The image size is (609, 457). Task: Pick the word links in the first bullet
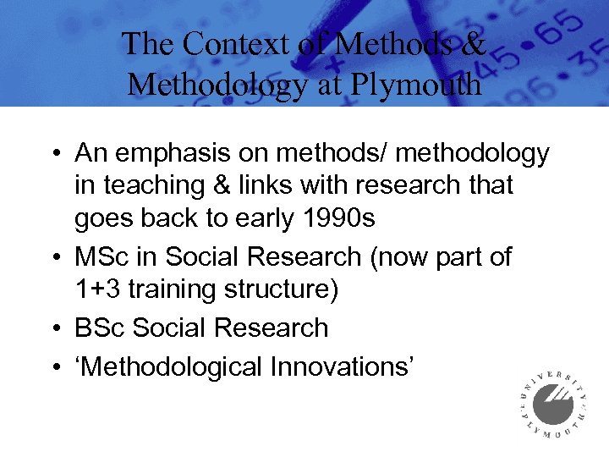[x=270, y=185]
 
